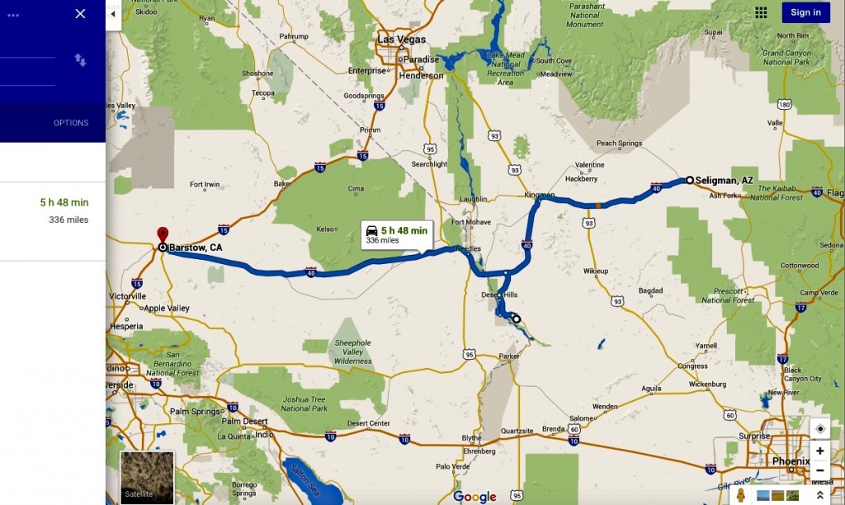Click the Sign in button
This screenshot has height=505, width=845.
[805, 12]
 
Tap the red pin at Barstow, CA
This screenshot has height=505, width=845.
[163, 234]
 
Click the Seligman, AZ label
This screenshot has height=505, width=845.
[724, 180]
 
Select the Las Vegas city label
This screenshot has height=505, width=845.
[401, 40]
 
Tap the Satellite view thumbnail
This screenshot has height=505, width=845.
[147, 477]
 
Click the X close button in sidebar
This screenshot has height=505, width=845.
[80, 13]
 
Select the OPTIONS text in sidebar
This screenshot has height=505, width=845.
[71, 123]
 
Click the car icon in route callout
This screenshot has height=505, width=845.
[372, 231]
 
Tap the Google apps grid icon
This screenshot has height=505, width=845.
[761, 12]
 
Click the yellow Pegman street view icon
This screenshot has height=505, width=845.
[741, 495]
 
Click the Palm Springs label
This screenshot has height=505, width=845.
[195, 411]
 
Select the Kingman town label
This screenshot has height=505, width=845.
[539, 195]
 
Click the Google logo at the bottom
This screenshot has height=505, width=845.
[474, 496]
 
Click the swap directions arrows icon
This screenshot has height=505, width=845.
[80, 59]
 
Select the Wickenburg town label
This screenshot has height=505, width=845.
[707, 384]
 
